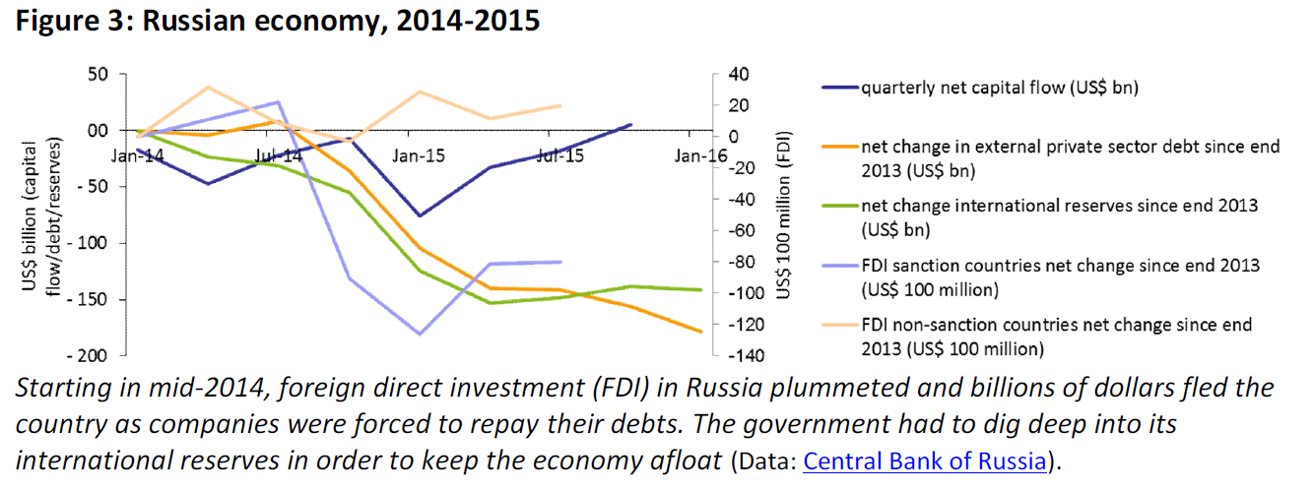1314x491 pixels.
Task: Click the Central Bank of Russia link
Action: point(923,461)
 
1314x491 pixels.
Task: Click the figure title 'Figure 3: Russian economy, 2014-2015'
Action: point(277,21)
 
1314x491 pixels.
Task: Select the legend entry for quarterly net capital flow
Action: point(999,88)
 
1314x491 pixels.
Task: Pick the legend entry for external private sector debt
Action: point(1070,157)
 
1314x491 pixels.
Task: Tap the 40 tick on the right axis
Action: point(738,74)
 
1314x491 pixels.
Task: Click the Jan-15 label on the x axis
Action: point(420,155)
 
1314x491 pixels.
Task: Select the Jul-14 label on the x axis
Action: point(279,155)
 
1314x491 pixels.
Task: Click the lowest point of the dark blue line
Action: point(420,215)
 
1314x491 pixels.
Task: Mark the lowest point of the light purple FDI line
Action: point(420,335)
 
